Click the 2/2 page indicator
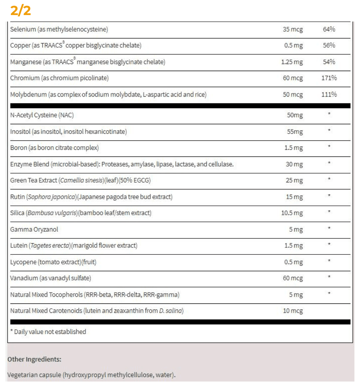(x=21, y=10)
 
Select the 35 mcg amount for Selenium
(x=293, y=29)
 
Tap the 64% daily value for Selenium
(x=329, y=29)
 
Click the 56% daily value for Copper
(x=329, y=45)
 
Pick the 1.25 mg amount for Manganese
(x=292, y=62)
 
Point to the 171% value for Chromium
(x=329, y=78)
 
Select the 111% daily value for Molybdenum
(x=329, y=94)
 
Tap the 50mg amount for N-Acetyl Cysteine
(x=295, y=115)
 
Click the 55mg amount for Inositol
(x=295, y=132)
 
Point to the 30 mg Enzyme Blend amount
(x=294, y=164)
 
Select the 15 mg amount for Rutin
(x=294, y=197)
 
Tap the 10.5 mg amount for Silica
(x=292, y=213)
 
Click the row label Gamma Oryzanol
(x=34, y=230)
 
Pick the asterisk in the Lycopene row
(x=329, y=261)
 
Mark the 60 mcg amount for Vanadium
(x=293, y=278)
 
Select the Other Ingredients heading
(x=34, y=359)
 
